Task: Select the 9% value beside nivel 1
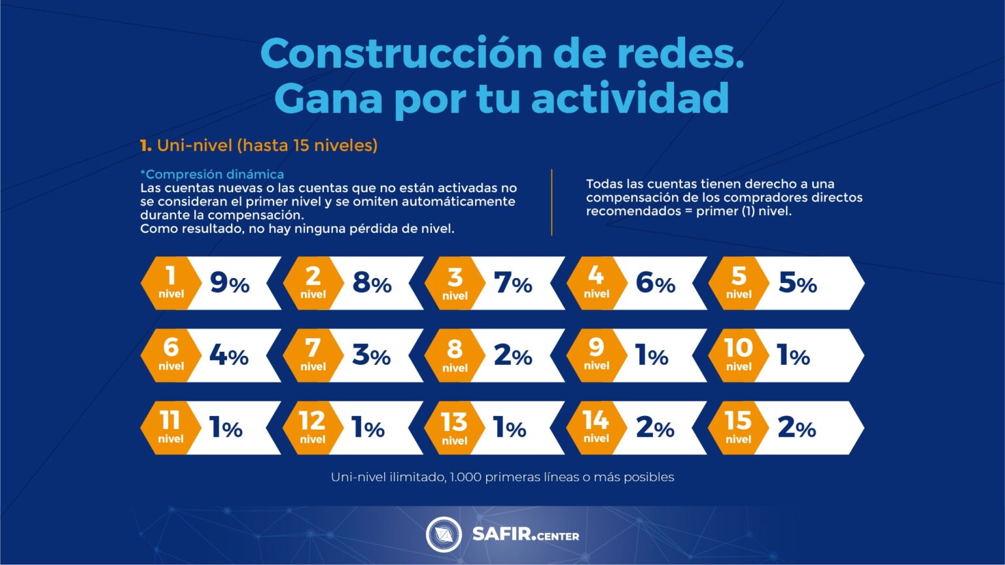tap(230, 283)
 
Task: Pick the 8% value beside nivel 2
tap(372, 283)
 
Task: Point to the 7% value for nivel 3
tap(513, 283)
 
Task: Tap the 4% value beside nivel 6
tap(229, 356)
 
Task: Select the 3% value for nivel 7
tap(371, 356)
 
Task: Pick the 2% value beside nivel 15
tap(796, 428)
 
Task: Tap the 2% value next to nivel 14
tap(655, 428)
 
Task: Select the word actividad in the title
tap(630, 98)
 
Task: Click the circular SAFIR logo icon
tap(444, 534)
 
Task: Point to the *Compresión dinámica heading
tap(212, 174)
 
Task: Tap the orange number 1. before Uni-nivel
tap(146, 145)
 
